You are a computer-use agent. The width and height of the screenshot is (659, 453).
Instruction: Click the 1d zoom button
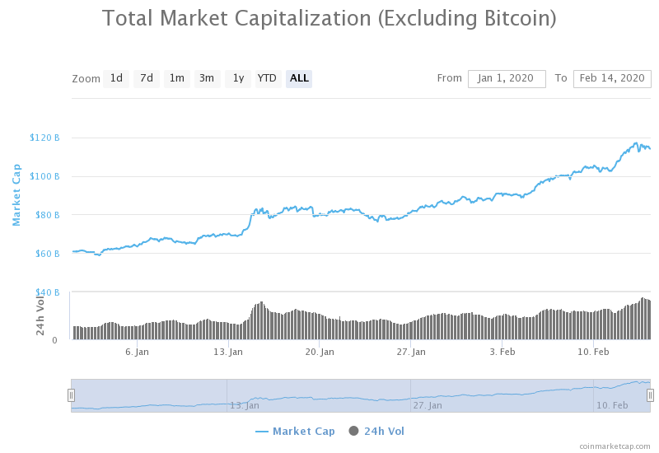(116, 78)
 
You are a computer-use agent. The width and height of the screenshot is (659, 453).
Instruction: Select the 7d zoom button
(146, 78)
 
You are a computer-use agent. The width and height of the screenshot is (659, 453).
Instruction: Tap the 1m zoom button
(176, 78)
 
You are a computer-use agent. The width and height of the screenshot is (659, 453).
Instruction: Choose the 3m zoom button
(207, 78)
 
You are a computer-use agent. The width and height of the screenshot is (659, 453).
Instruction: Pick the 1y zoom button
(237, 78)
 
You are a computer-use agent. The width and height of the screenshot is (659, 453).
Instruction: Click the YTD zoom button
(267, 78)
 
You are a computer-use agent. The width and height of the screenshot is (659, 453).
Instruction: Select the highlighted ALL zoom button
(299, 78)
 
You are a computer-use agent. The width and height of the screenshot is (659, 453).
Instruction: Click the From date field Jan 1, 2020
(507, 78)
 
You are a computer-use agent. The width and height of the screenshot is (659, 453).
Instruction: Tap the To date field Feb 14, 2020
(611, 78)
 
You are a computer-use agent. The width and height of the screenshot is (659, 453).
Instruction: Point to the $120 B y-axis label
(44, 138)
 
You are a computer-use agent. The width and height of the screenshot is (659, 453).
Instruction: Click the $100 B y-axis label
(44, 176)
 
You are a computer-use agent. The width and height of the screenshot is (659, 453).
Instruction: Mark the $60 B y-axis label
(47, 254)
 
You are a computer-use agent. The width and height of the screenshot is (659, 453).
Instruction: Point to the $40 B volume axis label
(47, 292)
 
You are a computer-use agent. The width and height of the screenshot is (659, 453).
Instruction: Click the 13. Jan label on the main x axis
(228, 352)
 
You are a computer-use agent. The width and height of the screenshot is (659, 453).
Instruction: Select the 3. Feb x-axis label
(502, 352)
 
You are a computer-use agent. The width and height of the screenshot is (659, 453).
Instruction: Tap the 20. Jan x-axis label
(320, 352)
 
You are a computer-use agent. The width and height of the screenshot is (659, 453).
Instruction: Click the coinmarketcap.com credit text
(615, 446)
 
